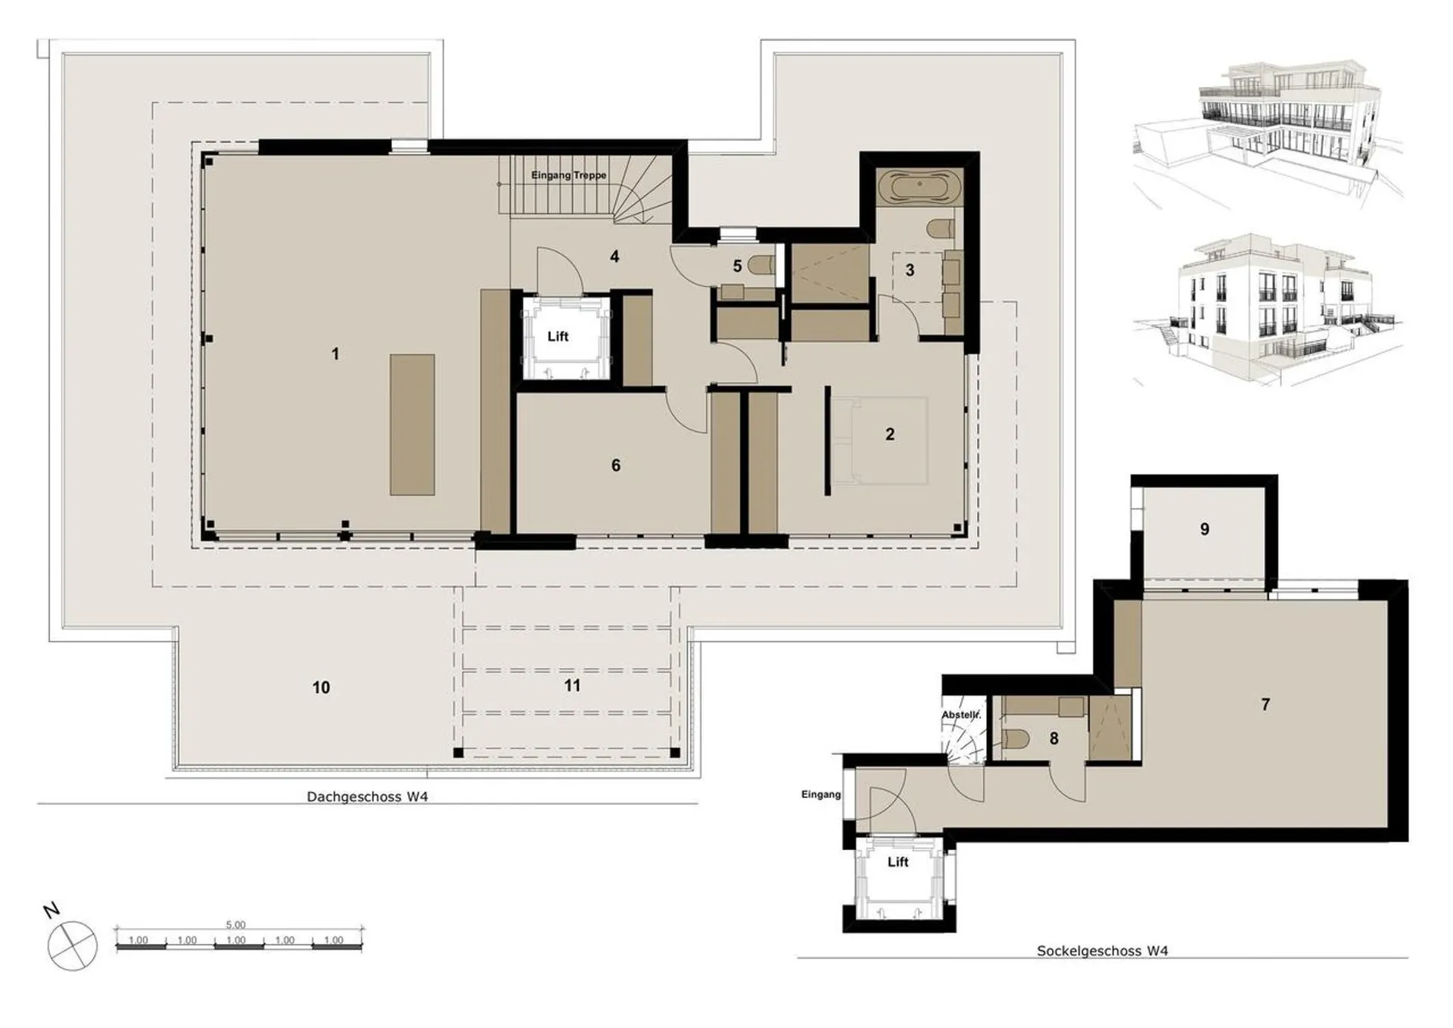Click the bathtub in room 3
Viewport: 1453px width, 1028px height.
pyautogui.click(x=919, y=185)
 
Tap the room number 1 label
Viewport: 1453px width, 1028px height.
pyautogui.click(x=335, y=354)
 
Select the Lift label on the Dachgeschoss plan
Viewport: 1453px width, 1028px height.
pyautogui.click(x=558, y=336)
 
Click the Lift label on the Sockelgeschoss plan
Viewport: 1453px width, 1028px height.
pyautogui.click(x=898, y=861)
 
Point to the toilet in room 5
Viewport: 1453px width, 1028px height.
pyautogui.click(x=761, y=265)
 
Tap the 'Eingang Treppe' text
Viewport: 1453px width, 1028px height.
pyautogui.click(x=568, y=175)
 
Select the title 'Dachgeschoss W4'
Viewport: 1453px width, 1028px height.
pyautogui.click(x=367, y=796)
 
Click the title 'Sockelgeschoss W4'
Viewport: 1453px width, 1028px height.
pyautogui.click(x=1102, y=951)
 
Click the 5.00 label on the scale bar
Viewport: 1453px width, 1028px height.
pyautogui.click(x=235, y=925)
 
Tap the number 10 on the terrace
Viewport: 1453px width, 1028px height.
pyautogui.click(x=321, y=687)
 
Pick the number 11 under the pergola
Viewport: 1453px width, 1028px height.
pyautogui.click(x=572, y=685)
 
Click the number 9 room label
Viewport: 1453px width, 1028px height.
pyautogui.click(x=1205, y=529)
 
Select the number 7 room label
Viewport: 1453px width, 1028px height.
pyautogui.click(x=1265, y=704)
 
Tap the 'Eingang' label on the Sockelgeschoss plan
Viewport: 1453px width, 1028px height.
pyautogui.click(x=821, y=794)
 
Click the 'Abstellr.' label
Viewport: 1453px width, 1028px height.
pyautogui.click(x=961, y=715)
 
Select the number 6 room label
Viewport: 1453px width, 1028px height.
pyautogui.click(x=616, y=465)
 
